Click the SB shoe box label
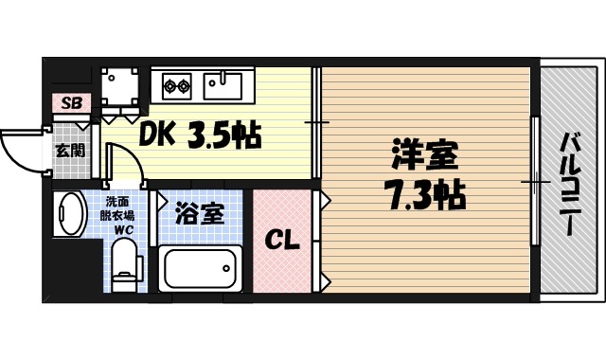71,102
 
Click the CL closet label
280,240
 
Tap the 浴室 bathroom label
200,213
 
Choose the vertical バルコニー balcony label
570,184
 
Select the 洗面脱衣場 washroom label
119,208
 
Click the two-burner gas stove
174,87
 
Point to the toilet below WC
122,265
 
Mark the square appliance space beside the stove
121,88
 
